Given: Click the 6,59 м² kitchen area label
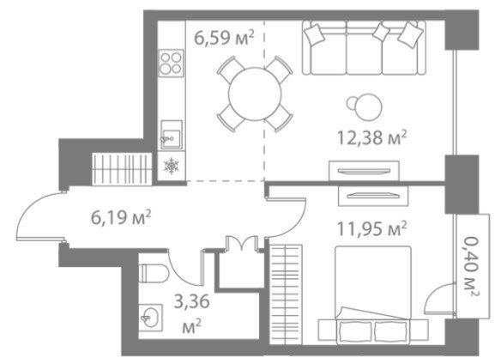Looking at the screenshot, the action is [x=224, y=38].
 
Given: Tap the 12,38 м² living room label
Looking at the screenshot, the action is [x=371, y=137].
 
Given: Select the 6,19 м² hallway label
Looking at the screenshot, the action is [x=121, y=217].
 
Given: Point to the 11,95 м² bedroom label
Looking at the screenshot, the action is [x=371, y=228].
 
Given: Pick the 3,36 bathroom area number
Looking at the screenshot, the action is [x=192, y=301].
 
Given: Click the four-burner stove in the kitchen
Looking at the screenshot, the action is [x=171, y=63].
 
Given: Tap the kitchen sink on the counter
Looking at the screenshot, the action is [x=172, y=135].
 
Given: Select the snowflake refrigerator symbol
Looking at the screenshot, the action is [x=171, y=166].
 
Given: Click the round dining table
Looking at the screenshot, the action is [x=255, y=94].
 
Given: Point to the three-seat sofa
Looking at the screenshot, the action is [x=364, y=47].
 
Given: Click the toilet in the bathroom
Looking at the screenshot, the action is [x=154, y=273].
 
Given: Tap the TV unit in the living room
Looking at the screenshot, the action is [x=364, y=171].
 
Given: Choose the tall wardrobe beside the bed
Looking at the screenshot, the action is [x=286, y=294].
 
